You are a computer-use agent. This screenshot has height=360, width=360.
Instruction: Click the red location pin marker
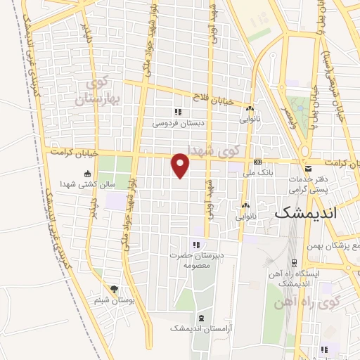(x=181, y=165)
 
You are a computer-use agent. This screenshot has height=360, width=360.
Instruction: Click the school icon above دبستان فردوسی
(x=178, y=111)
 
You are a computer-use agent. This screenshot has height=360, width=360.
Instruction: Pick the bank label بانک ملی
(x=257, y=172)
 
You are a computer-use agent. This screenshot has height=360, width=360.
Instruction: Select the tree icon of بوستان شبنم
(x=114, y=289)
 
